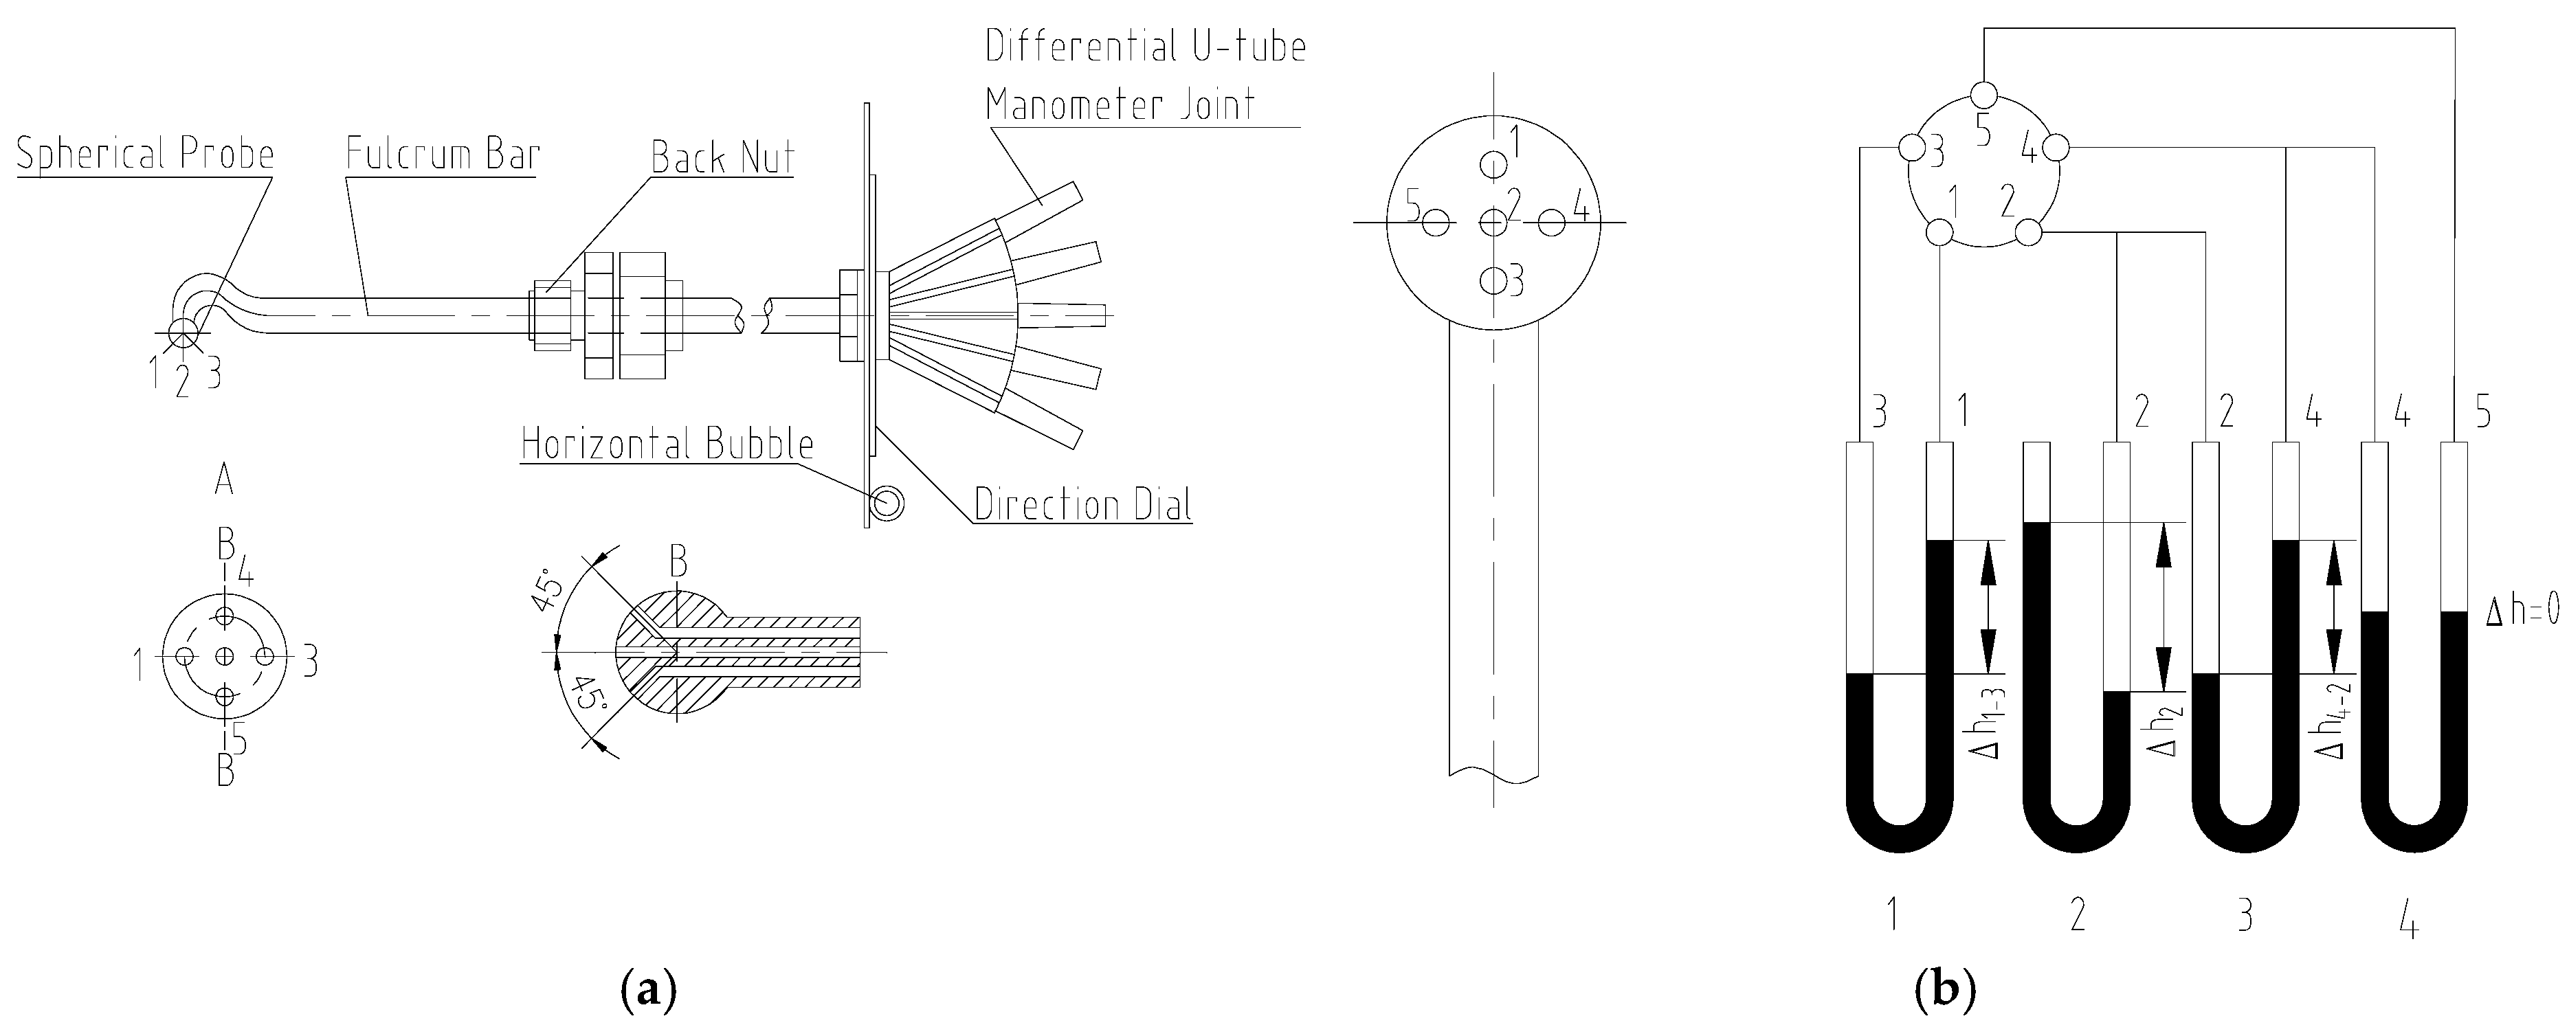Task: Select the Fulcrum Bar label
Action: point(442,155)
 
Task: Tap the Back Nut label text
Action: point(722,157)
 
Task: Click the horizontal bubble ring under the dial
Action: point(887,504)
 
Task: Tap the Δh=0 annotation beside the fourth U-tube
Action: point(2521,610)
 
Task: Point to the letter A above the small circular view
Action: point(224,482)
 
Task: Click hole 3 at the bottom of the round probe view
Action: point(1492,281)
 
